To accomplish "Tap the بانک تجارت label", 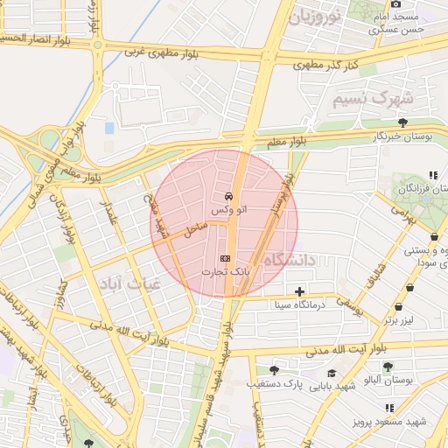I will pyautogui.click(x=225, y=273).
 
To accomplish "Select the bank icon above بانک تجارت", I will pyautogui.click(x=225, y=259).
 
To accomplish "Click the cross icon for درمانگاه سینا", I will pyautogui.click(x=300, y=290).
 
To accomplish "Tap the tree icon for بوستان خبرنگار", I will pyautogui.click(x=402, y=122).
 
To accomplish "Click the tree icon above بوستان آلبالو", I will pyautogui.click(x=388, y=367).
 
